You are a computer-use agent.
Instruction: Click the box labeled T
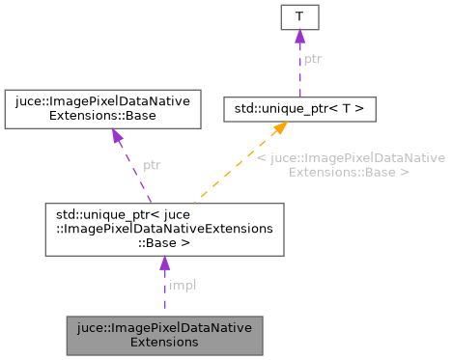pyautogui.click(x=299, y=17)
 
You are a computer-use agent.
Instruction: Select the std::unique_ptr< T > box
pyautogui.click(x=299, y=108)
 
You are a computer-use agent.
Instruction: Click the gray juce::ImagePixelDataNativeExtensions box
pyautogui.click(x=164, y=334)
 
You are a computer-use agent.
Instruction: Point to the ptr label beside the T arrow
pyautogui.click(x=313, y=60)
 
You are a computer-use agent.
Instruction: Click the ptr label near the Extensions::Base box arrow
pyautogui.click(x=152, y=165)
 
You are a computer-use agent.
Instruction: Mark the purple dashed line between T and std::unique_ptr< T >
pyautogui.click(x=299, y=72)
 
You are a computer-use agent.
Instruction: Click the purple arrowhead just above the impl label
pyautogui.click(x=164, y=263)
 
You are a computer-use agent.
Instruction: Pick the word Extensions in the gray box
pyautogui.click(x=164, y=342)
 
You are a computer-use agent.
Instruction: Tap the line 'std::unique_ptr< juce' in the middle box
pyautogui.click(x=164, y=214)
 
